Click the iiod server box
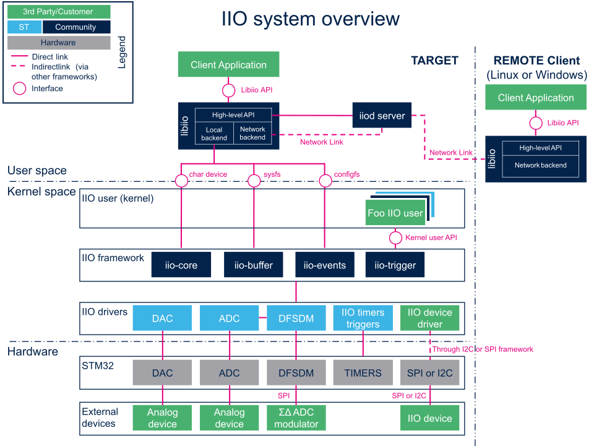pos(382,115)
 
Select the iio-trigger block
pos(395,265)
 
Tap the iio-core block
pos(181,265)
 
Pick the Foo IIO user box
pos(395,213)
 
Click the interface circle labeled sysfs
pos(254,181)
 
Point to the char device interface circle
pos(181,181)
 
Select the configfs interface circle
pos(325,181)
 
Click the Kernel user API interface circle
pos(395,238)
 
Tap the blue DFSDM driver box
pos(296,318)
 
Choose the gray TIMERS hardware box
pos(363,372)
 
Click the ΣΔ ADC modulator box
pos(296,418)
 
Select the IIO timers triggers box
pos(363,318)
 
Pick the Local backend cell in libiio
pos(214,134)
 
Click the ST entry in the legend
pos(24,27)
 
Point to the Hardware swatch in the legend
pos(59,43)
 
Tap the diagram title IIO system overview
pos(310,19)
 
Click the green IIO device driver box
pos(429,318)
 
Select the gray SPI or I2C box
pos(429,372)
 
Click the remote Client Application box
pos(536,97)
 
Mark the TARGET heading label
pos(434,61)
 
